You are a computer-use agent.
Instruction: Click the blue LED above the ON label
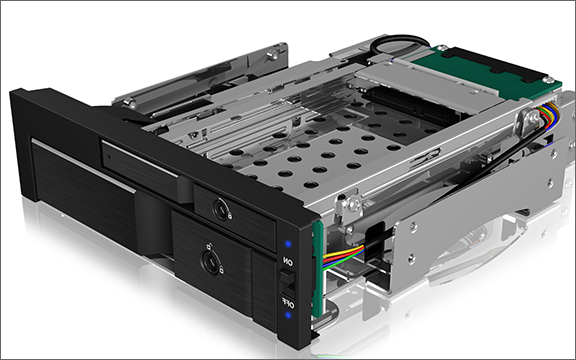[288, 244]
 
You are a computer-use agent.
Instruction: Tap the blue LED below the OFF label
[288, 315]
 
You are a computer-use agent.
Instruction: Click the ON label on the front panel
[288, 262]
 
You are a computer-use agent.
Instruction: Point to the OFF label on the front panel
[288, 303]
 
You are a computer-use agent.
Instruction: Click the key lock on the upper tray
[222, 209]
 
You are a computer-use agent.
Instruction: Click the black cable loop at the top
[399, 45]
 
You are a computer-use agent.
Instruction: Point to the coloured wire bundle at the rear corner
[547, 115]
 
